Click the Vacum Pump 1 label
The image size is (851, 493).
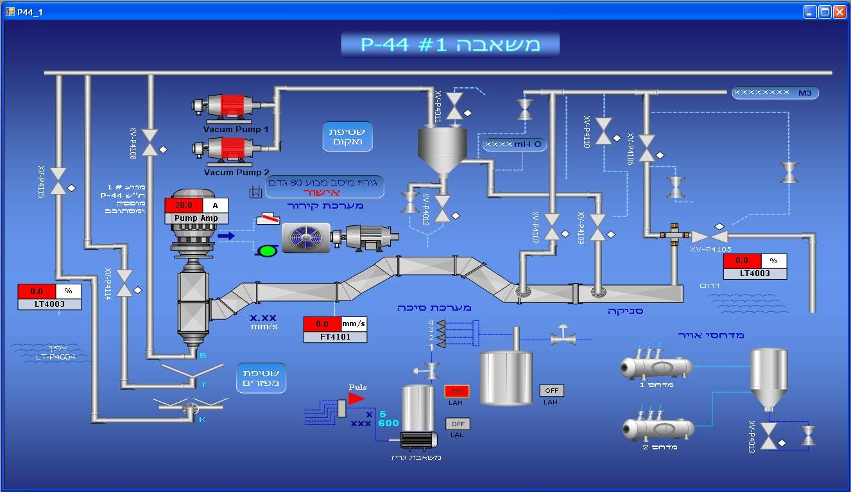point(236,129)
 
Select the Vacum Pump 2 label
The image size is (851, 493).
point(236,172)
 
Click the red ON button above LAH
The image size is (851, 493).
point(457,391)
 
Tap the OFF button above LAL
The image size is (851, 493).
point(458,424)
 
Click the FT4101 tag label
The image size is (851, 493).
point(335,336)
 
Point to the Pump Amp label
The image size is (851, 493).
point(196,218)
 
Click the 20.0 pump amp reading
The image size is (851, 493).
point(184,205)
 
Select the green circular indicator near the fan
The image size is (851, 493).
point(266,250)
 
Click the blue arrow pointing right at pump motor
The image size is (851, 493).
point(226,236)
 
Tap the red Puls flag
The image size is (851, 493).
point(356,399)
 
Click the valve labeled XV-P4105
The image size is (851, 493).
point(709,236)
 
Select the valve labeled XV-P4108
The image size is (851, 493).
point(150,143)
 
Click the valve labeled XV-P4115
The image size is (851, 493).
point(58,181)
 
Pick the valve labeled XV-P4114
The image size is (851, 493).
point(125,282)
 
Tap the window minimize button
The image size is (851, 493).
point(811,12)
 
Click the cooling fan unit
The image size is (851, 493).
point(306,238)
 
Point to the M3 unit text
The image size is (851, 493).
point(805,93)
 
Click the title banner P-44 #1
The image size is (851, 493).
point(450,44)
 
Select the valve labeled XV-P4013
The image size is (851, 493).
point(769,436)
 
